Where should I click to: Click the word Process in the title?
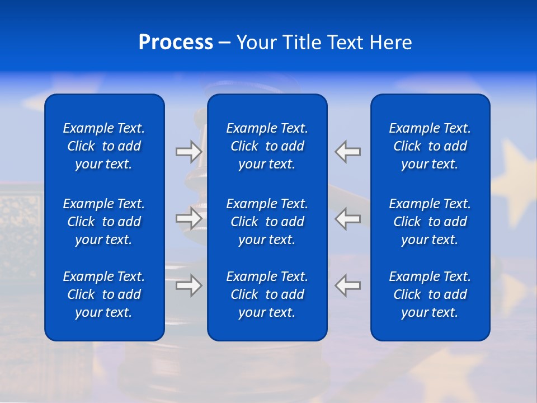[x=176, y=43]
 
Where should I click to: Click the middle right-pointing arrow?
[x=189, y=219]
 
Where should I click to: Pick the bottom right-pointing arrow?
[x=189, y=286]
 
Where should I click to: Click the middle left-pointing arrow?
[x=347, y=219]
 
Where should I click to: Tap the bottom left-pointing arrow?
[x=347, y=285]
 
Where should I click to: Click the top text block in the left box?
[x=104, y=146]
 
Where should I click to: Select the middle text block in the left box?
[x=104, y=222]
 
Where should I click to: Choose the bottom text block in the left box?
[x=104, y=294]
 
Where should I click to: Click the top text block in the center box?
[x=267, y=146]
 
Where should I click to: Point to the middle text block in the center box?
[x=267, y=222]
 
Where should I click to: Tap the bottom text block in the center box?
[x=267, y=294]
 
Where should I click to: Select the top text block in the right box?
[x=430, y=146]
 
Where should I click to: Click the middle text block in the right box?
[x=430, y=222]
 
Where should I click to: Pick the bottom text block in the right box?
[x=430, y=294]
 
